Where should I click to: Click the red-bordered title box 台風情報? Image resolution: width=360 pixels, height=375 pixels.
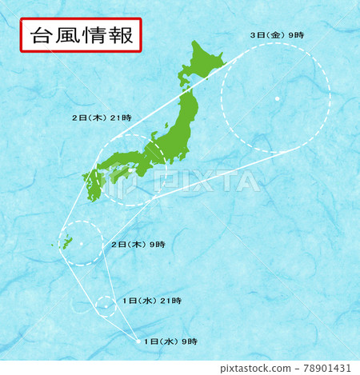click(x=80, y=36)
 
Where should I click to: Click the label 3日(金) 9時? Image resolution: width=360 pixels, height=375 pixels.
click(x=277, y=34)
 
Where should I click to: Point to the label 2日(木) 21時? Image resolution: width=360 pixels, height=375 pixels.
click(x=102, y=117)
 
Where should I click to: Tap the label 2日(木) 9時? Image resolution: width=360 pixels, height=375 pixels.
click(x=137, y=244)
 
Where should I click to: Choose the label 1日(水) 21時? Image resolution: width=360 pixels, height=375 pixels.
click(x=152, y=301)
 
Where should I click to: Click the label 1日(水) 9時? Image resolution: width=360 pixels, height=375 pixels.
click(x=170, y=341)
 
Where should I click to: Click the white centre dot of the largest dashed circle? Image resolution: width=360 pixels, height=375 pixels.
click(x=276, y=98)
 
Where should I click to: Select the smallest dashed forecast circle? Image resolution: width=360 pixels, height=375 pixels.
click(x=106, y=305)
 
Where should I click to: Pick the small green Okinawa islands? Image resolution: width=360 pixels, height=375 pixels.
click(x=66, y=241)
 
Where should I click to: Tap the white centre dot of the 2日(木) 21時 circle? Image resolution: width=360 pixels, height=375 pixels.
click(x=130, y=170)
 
